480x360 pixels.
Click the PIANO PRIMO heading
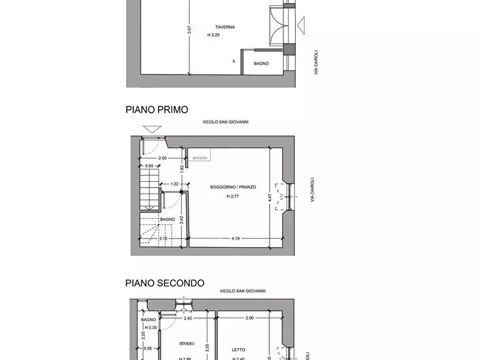157,110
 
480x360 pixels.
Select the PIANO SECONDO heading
164,283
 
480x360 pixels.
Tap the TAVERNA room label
225,27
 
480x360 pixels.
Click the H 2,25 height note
213,35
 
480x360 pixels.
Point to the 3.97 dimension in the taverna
189,31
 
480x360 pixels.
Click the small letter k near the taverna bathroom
234,61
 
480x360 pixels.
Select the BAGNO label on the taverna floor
261,63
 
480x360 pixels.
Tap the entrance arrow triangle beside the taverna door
301,24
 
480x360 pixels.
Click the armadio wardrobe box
199,157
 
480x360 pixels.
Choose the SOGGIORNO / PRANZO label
233,188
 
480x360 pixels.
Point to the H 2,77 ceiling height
233,197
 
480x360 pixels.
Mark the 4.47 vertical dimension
270,197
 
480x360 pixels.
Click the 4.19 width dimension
235,238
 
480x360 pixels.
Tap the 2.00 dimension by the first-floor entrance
162,158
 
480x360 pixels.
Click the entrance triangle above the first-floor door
153,129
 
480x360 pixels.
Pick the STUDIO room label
187,343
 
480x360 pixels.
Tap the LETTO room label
238,350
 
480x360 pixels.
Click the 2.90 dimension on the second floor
249,318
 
